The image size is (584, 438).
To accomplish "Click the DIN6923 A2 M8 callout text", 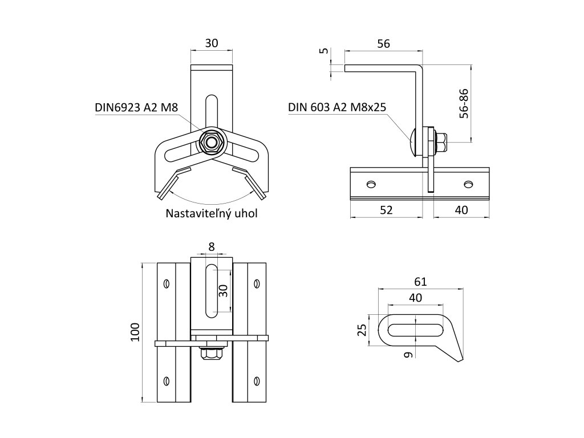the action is tap(135, 107).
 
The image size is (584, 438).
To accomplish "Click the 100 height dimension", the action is tap(135, 332).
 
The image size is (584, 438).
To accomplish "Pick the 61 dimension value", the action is tap(420, 281).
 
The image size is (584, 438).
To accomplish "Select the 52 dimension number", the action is tap(386, 210).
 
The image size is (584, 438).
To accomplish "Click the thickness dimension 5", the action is tap(325, 51).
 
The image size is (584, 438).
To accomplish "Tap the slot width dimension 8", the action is tap(212, 246).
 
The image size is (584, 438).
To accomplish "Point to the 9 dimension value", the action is tap(407, 355).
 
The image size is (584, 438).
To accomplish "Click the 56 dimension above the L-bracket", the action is tap(383, 44).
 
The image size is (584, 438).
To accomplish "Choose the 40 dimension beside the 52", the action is tap(461, 210).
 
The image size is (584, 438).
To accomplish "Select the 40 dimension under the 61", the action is tap(416, 297).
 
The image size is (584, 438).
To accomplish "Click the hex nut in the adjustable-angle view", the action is tap(212, 141).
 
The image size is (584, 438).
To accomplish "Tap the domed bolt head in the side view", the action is tap(415, 141).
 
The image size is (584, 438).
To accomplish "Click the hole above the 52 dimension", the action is tap(371, 184).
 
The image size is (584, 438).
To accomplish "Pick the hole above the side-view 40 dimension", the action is tap(469, 184).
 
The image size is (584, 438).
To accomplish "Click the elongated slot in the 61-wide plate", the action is tap(416, 330).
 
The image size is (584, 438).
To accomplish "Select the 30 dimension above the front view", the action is tap(212, 43).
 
